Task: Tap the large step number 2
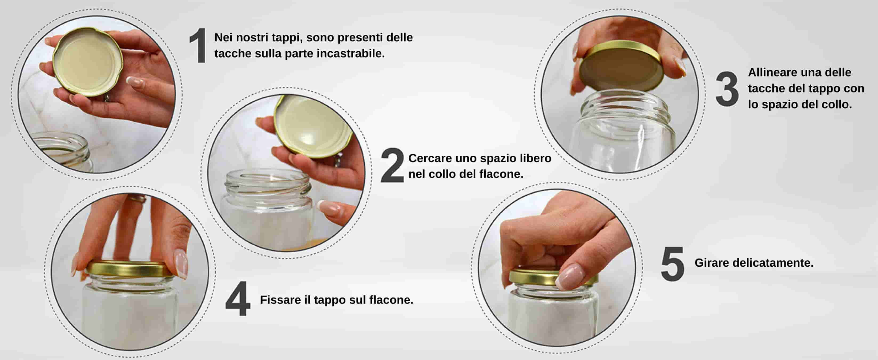pyautogui.click(x=392, y=165)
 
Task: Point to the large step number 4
pyautogui.click(x=238, y=299)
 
